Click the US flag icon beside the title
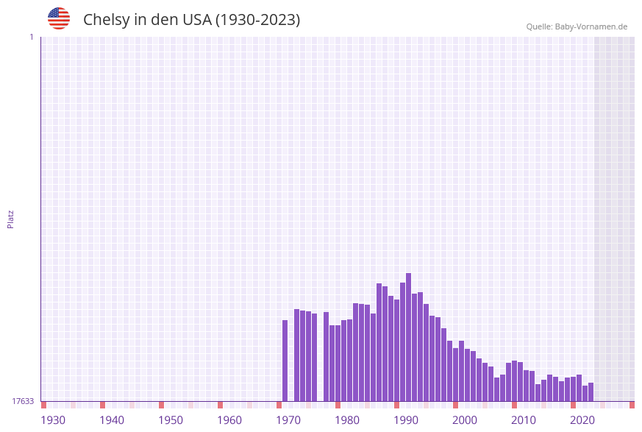pos(59,18)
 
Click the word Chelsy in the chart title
pos(106,20)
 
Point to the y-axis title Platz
pos(11,219)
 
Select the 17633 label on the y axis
pos(23,401)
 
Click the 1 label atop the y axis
pos(31,37)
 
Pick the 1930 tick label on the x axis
pos(53,419)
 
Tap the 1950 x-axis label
pos(171,419)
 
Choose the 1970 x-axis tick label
pos(288,419)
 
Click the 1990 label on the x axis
pos(406,419)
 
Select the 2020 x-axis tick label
pos(582,419)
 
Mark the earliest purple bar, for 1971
pos(285,361)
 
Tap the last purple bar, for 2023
pos(591,392)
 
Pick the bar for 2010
pos(520,381)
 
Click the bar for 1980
pos(343,361)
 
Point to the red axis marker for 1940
pos(102,405)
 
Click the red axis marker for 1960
pos(220,405)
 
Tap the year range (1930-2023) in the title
pos(257,20)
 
